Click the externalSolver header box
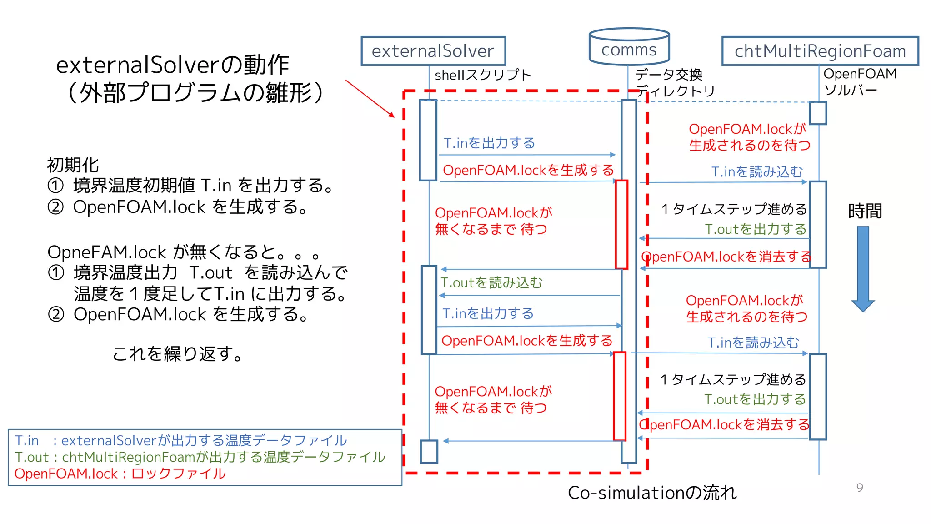[x=433, y=51]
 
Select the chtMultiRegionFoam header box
[x=820, y=51]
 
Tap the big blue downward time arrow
[x=863, y=268]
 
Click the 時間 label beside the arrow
[x=865, y=211]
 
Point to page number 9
[x=860, y=488]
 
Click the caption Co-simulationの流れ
[x=652, y=493]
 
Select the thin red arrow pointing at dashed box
[x=369, y=98]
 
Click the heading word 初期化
[x=73, y=165]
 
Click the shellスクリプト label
[x=483, y=75]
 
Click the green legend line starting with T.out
[x=200, y=457]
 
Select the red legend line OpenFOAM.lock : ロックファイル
[x=120, y=474]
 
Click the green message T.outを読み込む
[x=491, y=282]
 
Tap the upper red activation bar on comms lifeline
[x=621, y=224]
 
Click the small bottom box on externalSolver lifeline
[x=429, y=451]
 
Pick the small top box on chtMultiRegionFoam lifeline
[x=818, y=113]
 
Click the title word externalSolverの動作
[x=172, y=65]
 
